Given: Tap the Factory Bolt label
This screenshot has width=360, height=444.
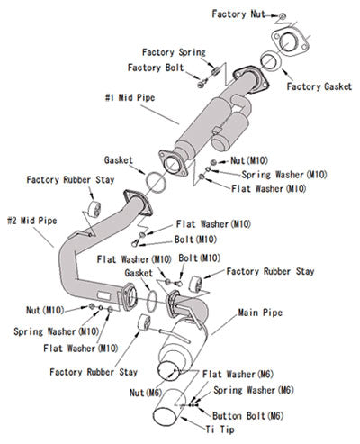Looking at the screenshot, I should (157, 67).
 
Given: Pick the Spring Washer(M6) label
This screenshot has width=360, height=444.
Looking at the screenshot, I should (253, 390).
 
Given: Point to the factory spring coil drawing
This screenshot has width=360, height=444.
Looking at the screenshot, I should (215, 68).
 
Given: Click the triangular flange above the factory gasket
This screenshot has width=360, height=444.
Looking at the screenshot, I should (289, 41).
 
